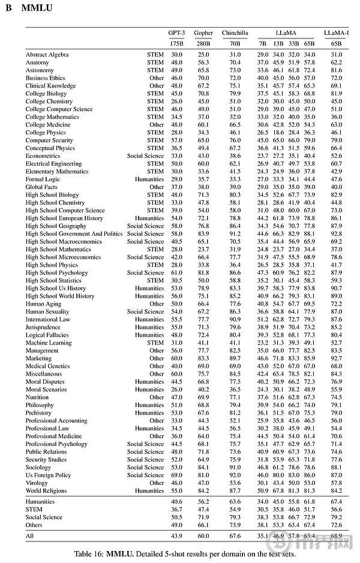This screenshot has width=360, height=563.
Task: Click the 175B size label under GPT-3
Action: pos(176,44)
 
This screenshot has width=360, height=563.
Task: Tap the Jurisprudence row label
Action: pos(43,327)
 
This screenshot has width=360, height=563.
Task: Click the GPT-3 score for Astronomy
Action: pos(176,70)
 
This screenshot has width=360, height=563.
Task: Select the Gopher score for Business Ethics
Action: pos(203,78)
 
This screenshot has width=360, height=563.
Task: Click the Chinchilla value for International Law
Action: pos(235,319)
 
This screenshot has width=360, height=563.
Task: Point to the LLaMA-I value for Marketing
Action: pos(336,358)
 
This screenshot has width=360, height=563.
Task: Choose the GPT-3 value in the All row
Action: pos(176,535)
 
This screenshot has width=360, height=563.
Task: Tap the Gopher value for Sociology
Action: pos(203,467)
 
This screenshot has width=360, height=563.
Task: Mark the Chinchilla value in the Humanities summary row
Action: pos(235,501)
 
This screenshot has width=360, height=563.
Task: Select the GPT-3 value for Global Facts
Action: pos(176,187)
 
